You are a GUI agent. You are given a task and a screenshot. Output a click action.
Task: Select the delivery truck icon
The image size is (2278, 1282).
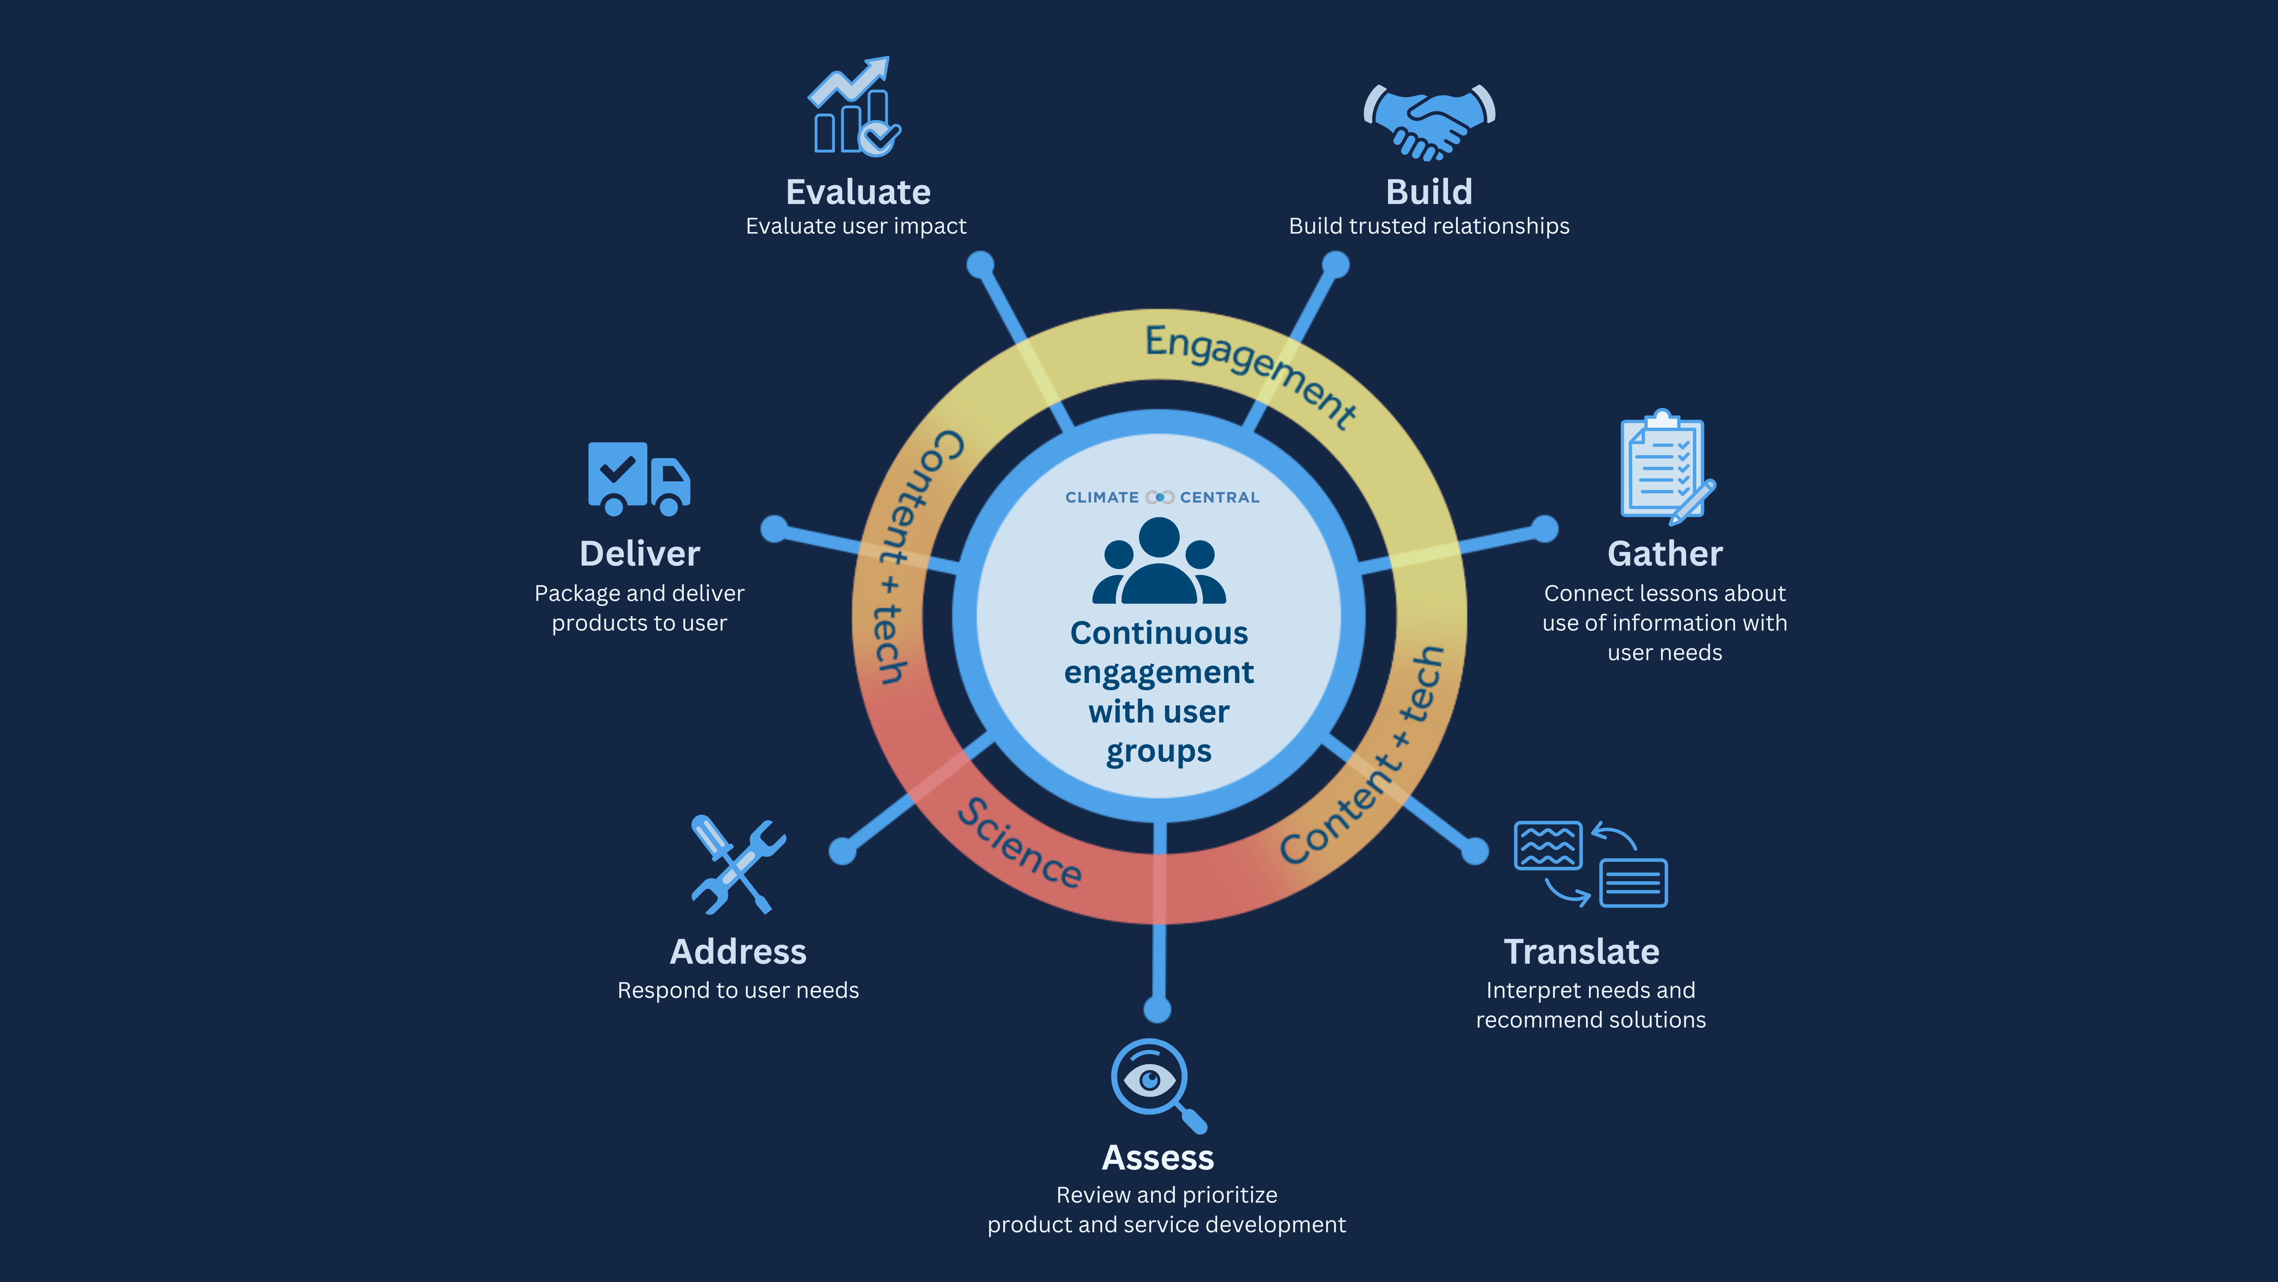[639, 479]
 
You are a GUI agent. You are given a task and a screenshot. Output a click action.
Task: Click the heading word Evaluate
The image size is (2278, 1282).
[858, 192]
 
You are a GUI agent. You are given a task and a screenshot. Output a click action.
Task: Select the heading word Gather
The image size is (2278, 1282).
[1664, 554]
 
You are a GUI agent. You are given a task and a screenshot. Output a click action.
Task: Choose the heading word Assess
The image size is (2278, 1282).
[1158, 1157]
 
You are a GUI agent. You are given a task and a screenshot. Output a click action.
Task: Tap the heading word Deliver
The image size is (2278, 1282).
[639, 554]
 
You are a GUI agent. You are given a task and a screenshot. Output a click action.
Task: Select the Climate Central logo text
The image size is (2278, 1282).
[1162, 497]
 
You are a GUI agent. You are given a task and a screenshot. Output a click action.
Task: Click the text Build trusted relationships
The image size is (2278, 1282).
[1429, 226]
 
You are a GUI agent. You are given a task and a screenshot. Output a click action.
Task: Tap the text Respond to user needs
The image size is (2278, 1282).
[738, 990]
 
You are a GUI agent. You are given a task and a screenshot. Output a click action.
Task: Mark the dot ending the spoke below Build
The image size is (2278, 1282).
[1335, 264]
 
